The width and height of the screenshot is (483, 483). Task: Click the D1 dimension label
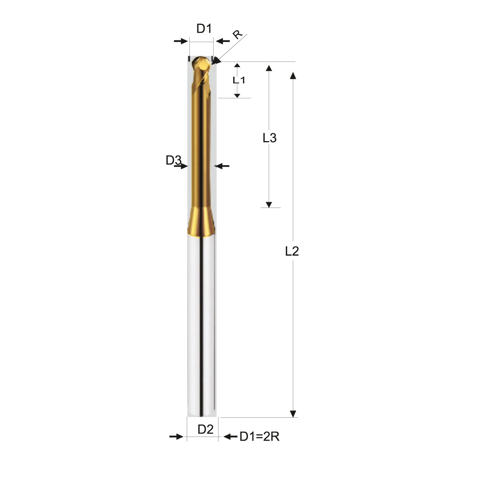204,29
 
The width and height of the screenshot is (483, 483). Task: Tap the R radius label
237,34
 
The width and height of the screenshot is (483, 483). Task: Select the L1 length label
238,80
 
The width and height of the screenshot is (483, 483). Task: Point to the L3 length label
269,138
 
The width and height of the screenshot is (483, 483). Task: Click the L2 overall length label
292,251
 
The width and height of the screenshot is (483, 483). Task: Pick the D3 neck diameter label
174,160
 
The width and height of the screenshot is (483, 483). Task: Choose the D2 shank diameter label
205,429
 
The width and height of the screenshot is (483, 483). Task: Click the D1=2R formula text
259,436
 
